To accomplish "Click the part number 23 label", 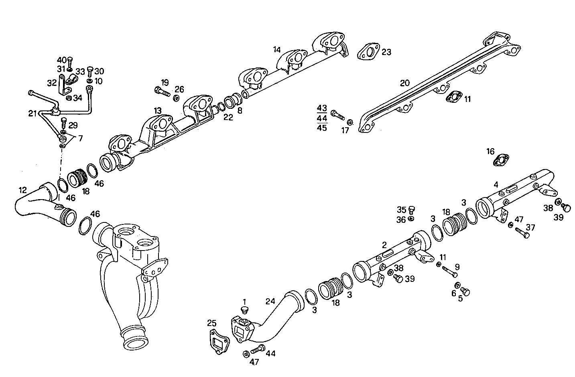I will pyautogui.click(x=386, y=52).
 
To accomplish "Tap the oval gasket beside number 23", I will pyautogui.click(x=368, y=52).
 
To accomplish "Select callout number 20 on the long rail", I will pyautogui.click(x=405, y=83).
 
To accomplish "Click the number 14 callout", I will pyautogui.click(x=277, y=50).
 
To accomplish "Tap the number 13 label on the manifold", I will pyautogui.click(x=158, y=110).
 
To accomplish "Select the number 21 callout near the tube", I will pyautogui.click(x=33, y=114).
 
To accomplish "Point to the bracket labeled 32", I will pyautogui.click(x=63, y=86).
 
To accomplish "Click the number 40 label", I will pyautogui.click(x=62, y=60).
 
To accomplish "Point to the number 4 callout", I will pyautogui.click(x=496, y=185).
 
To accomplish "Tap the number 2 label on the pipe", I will pyautogui.click(x=384, y=245).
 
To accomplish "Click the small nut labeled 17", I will pyautogui.click(x=350, y=122).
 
